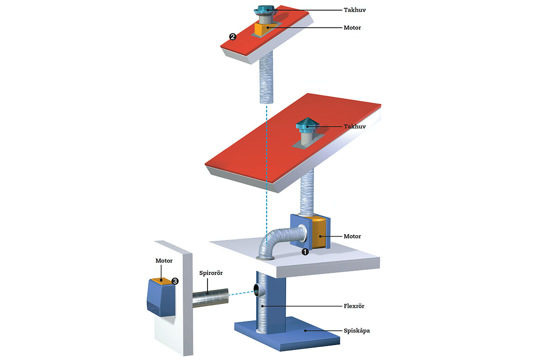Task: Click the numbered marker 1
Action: click(x=305, y=252)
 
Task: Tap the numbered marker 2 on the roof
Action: click(x=233, y=37)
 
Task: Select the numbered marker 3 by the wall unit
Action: click(x=175, y=281)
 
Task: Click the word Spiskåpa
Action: click(x=356, y=331)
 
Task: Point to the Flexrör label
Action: click(x=354, y=306)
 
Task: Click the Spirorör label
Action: click(x=211, y=273)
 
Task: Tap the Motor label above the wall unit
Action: click(x=164, y=261)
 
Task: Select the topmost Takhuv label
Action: click(x=355, y=10)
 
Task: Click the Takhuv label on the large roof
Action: click(x=355, y=126)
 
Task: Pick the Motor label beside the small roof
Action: click(x=352, y=28)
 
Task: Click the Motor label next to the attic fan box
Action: click(x=352, y=236)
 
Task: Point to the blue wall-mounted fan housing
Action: click(x=161, y=298)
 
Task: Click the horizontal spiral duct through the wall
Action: click(x=210, y=298)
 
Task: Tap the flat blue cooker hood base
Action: click(x=288, y=334)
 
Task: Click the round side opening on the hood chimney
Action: click(x=257, y=290)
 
